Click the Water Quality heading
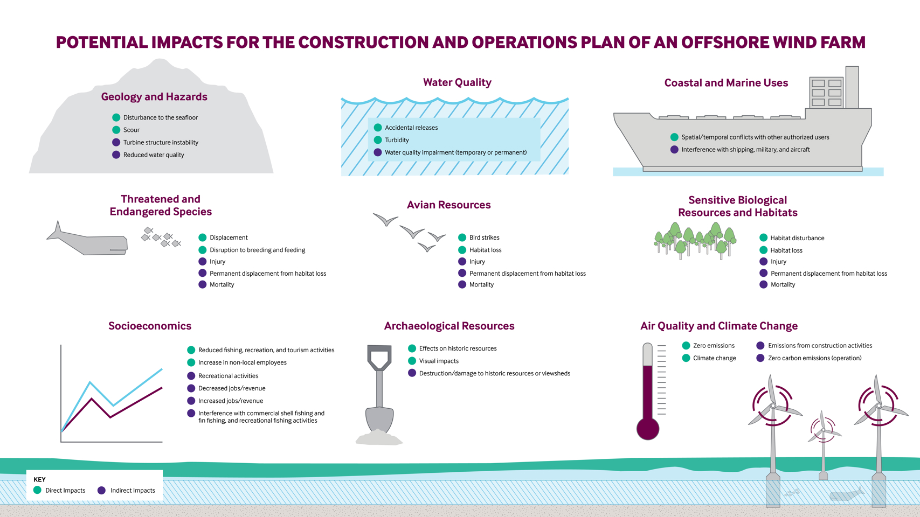(x=457, y=82)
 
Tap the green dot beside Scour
(x=116, y=130)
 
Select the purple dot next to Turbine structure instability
(x=116, y=142)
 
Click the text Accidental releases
(x=411, y=128)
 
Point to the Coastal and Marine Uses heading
(x=726, y=83)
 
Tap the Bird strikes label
(x=484, y=237)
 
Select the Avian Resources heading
(x=448, y=205)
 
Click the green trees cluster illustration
(x=695, y=241)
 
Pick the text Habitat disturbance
(x=797, y=238)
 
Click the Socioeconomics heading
(x=150, y=326)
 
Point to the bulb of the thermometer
(x=648, y=429)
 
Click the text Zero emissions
(x=714, y=346)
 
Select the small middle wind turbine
(x=823, y=442)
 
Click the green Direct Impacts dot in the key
(x=37, y=490)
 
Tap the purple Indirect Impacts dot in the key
(x=101, y=490)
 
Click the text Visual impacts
(x=439, y=361)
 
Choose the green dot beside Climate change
(x=686, y=358)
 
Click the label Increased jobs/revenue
(x=231, y=401)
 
